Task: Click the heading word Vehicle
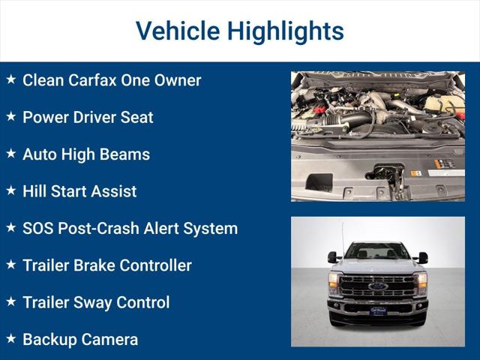[177, 31]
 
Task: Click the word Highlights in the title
[286, 31]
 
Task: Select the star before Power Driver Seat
[10, 116]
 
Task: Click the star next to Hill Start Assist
[10, 190]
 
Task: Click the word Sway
[97, 302]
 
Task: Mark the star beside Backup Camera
[10, 339]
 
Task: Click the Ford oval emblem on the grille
[377, 286]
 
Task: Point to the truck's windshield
[377, 253]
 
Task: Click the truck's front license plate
[378, 310]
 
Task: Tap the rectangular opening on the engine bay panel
[319, 182]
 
